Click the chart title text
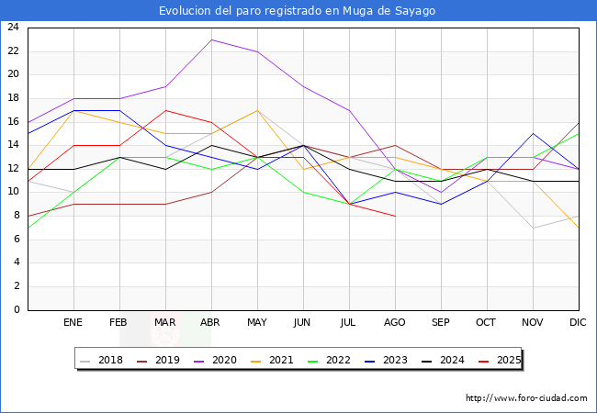pyautogui.click(x=298, y=11)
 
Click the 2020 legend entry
pyautogui.click(x=221, y=360)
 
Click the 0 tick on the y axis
pyautogui.click(x=17, y=310)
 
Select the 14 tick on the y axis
pyautogui.click(x=13, y=145)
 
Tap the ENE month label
pyautogui.click(x=73, y=323)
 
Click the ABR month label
pyautogui.click(x=211, y=323)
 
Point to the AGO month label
pyautogui.click(x=395, y=323)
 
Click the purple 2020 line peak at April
pyautogui.click(x=211, y=39)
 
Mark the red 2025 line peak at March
pyautogui.click(x=165, y=110)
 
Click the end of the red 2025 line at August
pyautogui.click(x=395, y=216)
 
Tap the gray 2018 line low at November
pyautogui.click(x=533, y=228)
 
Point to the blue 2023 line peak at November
pyautogui.click(x=533, y=133)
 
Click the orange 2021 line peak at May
pyautogui.click(x=257, y=110)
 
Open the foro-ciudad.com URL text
pyautogui.click(x=526, y=398)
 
